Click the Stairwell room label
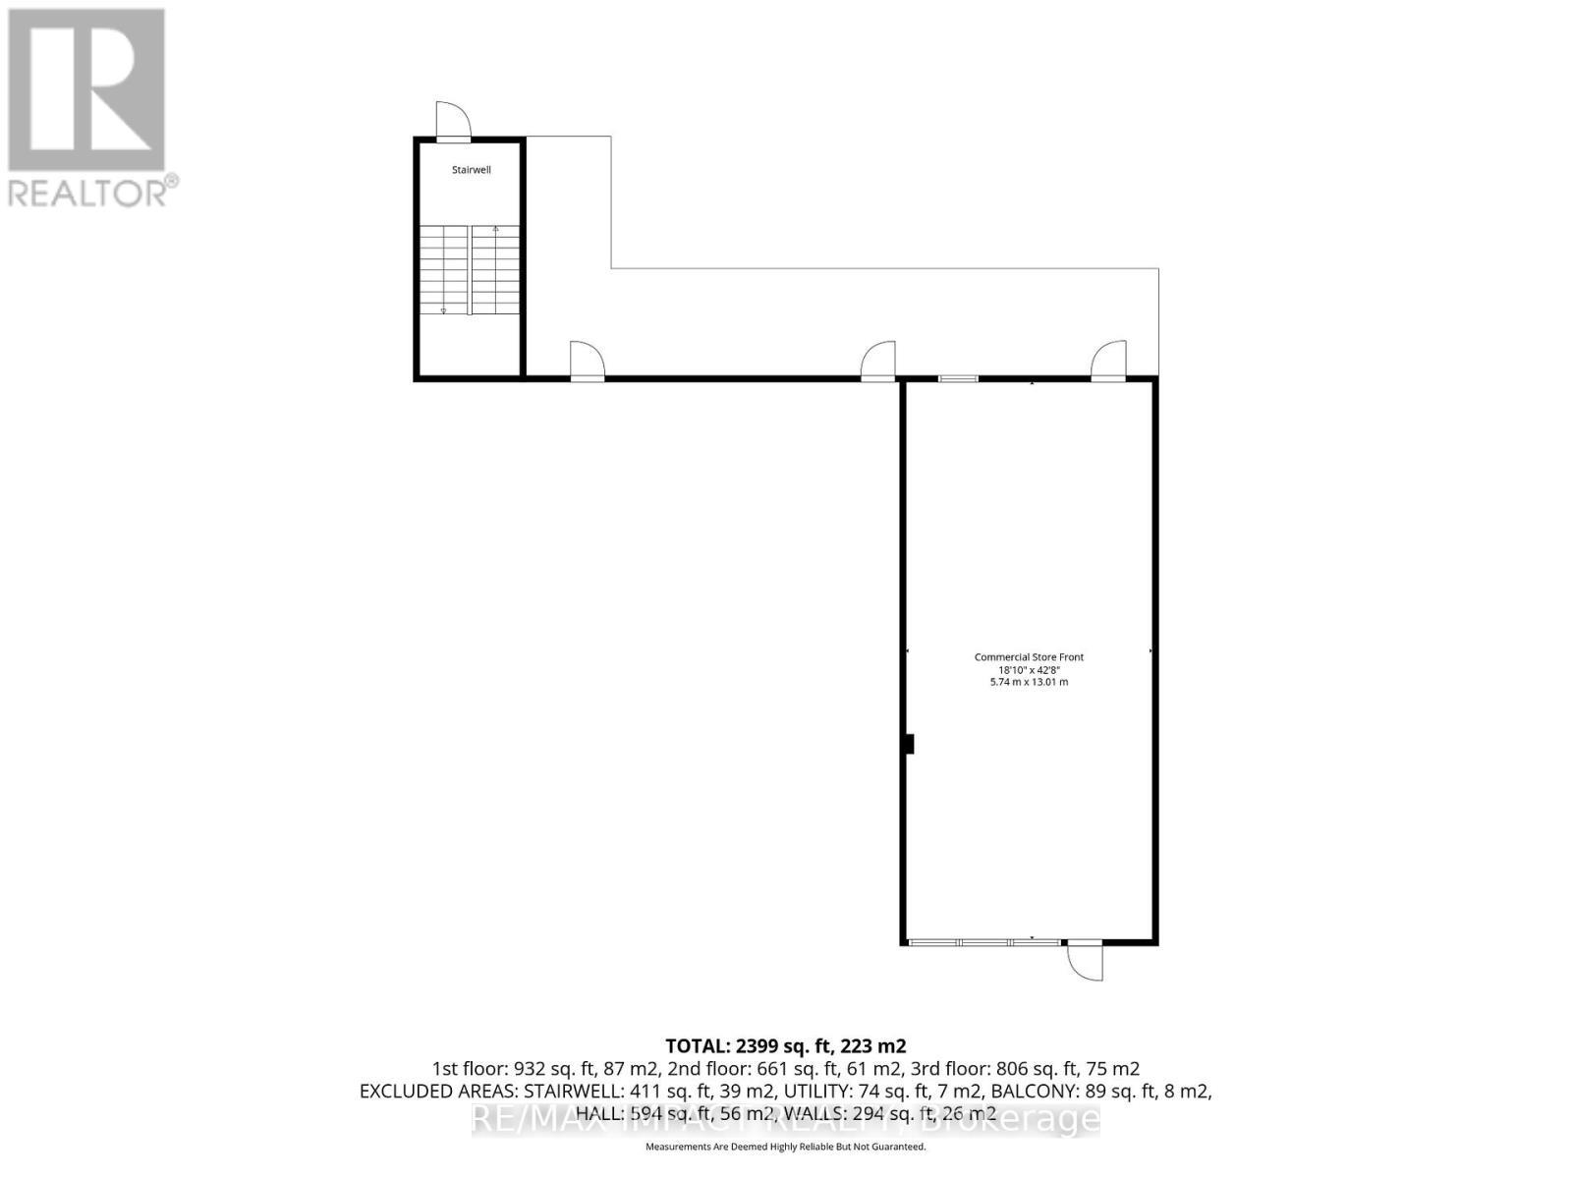pos(471,170)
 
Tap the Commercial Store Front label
pos(1029,657)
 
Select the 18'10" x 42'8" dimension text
pos(1029,669)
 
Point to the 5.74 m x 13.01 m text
pos(1029,682)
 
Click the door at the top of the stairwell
pos(454,123)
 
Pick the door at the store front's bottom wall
pos(1085,959)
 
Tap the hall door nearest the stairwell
pos(587,361)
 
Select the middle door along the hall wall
pos(877,361)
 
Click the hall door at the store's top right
pos(1108,361)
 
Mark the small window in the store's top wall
pos(957,378)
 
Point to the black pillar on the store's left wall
pos(909,745)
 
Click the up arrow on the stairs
pos(495,231)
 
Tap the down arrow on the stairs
pos(443,309)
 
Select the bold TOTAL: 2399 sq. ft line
pos(785,1045)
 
